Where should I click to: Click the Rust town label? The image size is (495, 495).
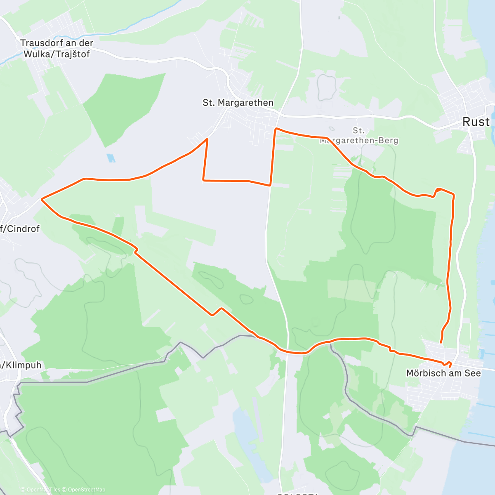coord(476,122)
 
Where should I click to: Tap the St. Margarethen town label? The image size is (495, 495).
coord(238,103)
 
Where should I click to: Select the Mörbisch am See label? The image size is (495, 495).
coord(443,373)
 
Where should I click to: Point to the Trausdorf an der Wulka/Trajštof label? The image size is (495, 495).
coord(57,48)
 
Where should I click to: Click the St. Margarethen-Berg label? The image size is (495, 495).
coord(359,136)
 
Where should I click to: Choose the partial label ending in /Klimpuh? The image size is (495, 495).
coord(21,365)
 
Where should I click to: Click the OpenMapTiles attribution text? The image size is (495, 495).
coord(40,490)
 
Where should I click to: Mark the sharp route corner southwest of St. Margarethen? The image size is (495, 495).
coord(207,139)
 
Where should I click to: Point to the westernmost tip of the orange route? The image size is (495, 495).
coord(42,200)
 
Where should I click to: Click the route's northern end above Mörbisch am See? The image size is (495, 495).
coord(441,342)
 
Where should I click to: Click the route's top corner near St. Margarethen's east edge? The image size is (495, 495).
coord(276,129)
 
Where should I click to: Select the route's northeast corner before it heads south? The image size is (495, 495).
coord(454,194)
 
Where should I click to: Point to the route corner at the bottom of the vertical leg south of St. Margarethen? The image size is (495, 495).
coord(270,185)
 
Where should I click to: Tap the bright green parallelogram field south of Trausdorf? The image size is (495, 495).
coord(124,107)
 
